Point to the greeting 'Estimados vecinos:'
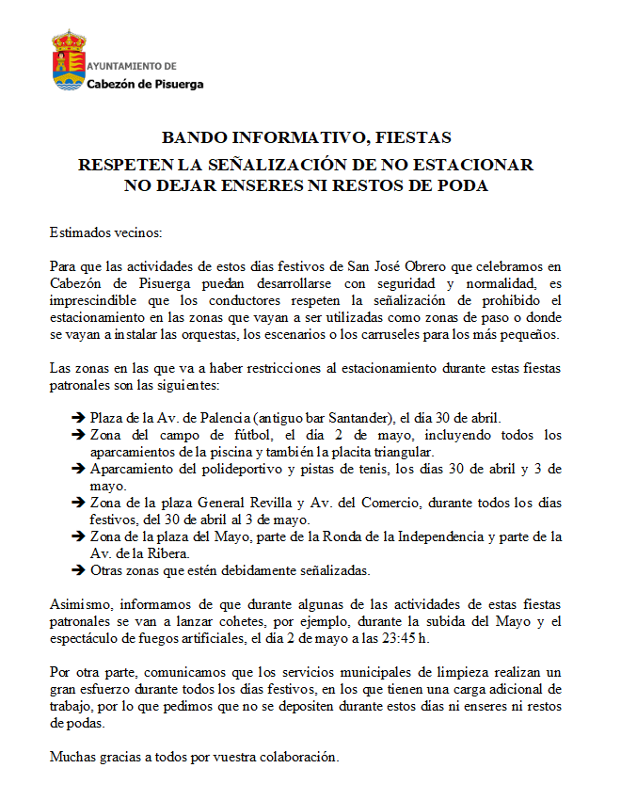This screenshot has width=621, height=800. pyautogui.click(x=106, y=231)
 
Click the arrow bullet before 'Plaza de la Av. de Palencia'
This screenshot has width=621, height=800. pyautogui.click(x=79, y=418)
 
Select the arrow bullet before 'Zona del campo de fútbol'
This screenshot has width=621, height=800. pyautogui.click(x=79, y=436)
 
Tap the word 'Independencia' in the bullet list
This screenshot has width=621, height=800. pyautogui.click(x=438, y=536)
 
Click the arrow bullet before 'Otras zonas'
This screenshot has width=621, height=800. pyautogui.click(x=79, y=570)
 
